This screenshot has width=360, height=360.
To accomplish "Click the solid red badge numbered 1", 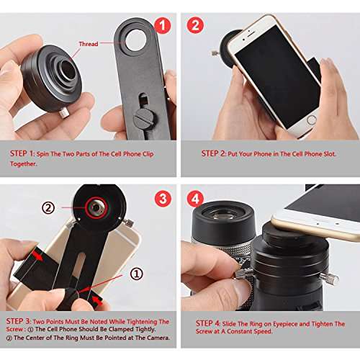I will [x=163, y=27].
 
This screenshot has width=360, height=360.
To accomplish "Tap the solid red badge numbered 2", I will [x=195, y=27].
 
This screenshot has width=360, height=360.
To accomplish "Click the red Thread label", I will [x=88, y=44].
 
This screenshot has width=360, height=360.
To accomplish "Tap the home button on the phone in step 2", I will [x=311, y=119].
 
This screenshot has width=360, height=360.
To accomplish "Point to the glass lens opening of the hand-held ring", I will [x=63, y=69].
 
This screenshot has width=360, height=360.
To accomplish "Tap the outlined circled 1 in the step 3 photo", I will [x=135, y=274].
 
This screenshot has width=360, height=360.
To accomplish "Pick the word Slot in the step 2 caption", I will [x=330, y=153].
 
